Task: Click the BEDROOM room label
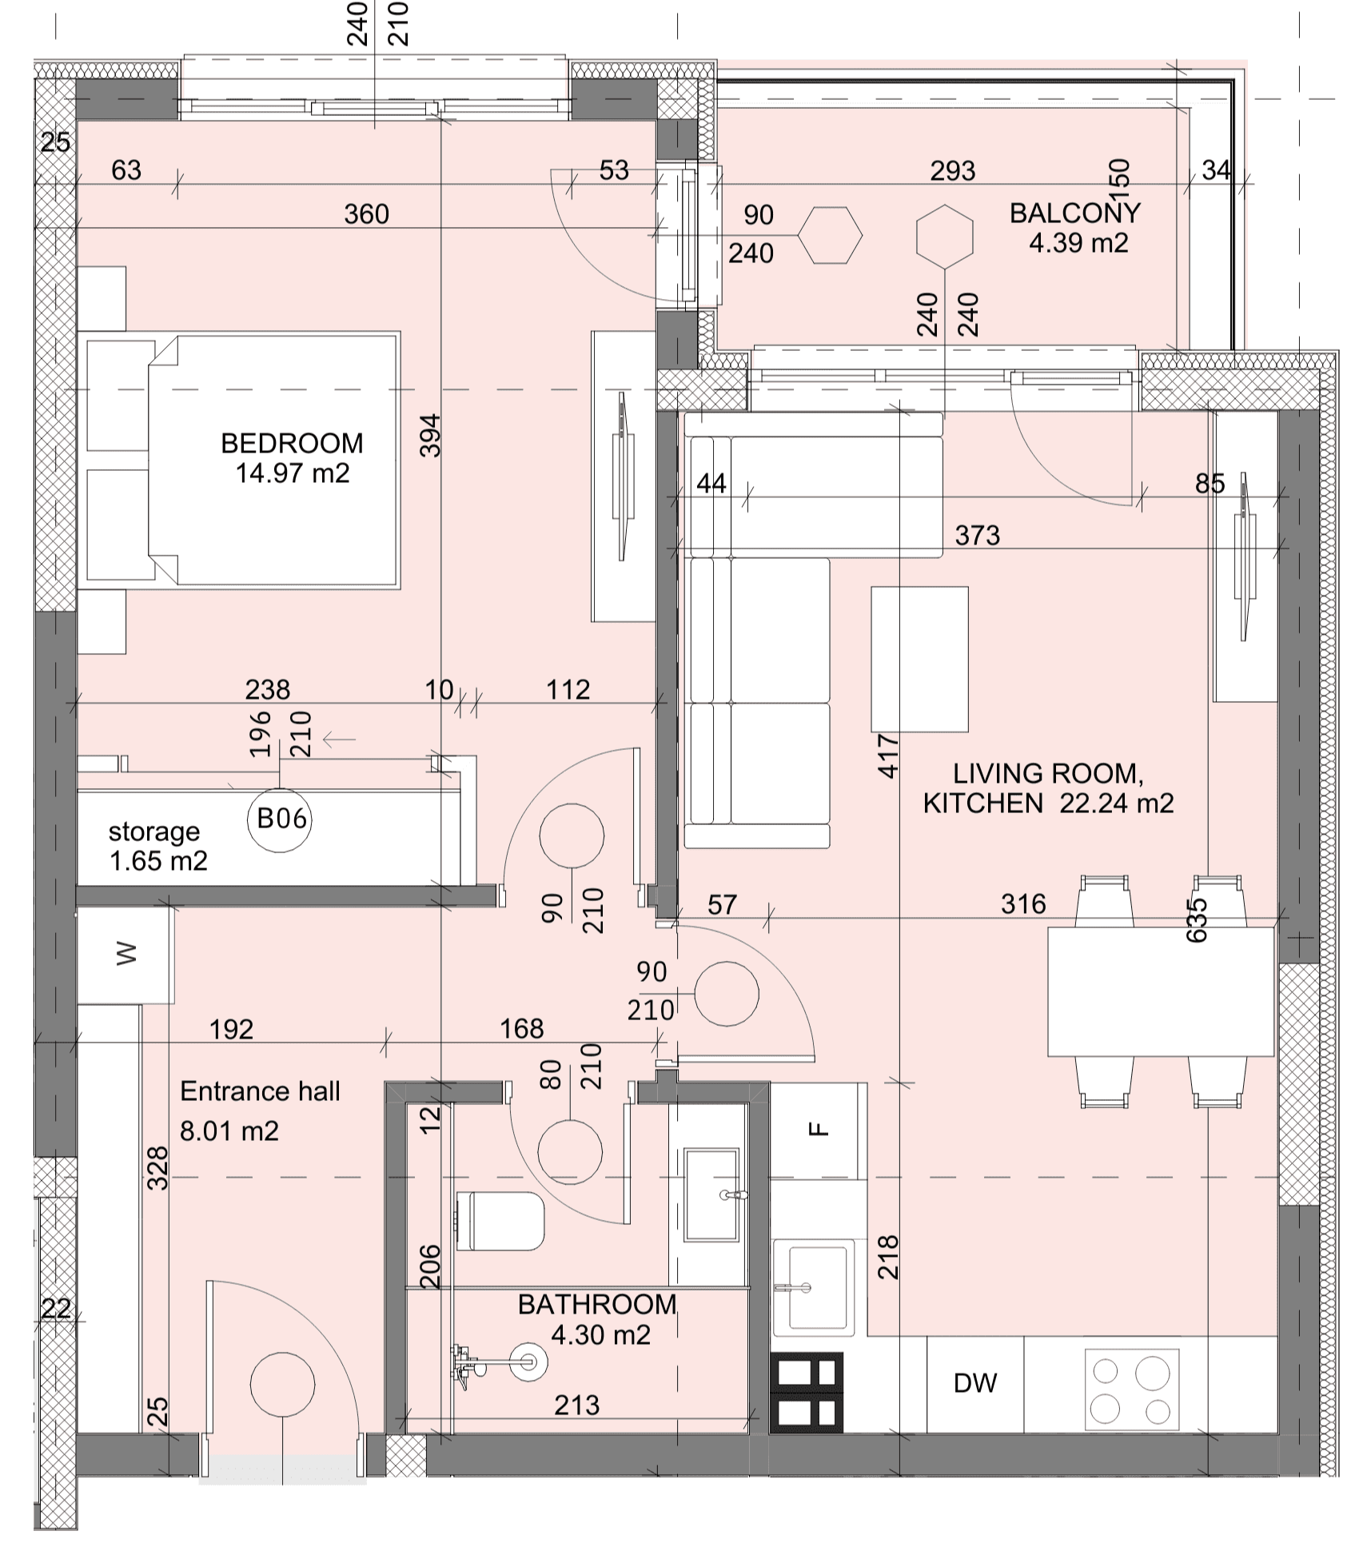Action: click(x=292, y=443)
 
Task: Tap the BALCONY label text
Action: click(x=1074, y=213)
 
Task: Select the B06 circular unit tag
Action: click(x=279, y=819)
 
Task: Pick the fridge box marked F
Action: click(x=818, y=1130)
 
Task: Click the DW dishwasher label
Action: click(x=975, y=1382)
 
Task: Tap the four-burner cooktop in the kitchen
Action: click(x=1131, y=1390)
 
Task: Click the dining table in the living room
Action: click(x=1161, y=991)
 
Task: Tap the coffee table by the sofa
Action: click(x=919, y=660)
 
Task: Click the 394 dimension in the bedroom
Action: click(x=430, y=435)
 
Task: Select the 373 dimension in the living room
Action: click(x=977, y=535)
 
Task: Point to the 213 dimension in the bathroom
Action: click(x=576, y=1404)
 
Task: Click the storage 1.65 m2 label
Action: click(x=157, y=846)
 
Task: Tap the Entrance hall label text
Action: click(x=260, y=1091)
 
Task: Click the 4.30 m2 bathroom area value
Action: click(x=600, y=1334)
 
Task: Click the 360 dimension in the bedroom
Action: click(x=366, y=213)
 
